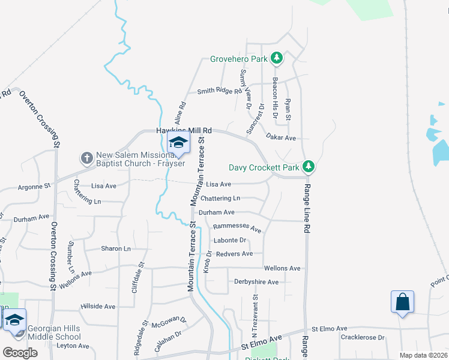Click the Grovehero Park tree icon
pyautogui.click(x=276, y=58)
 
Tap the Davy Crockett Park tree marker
pyautogui.click(x=309, y=166)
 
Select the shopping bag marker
pyautogui.click(x=402, y=301)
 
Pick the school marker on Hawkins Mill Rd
pyautogui.click(x=178, y=143)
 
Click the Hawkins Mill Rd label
pyautogui.click(x=184, y=130)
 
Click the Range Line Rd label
pyautogui.click(x=306, y=209)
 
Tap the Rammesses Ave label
pyautogui.click(x=238, y=228)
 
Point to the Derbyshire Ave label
pyautogui.click(x=256, y=282)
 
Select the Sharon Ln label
pyautogui.click(x=116, y=248)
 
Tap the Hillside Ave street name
pyautogui.click(x=98, y=306)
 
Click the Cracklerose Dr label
pyautogui.click(x=363, y=337)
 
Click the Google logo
pyautogui.click(x=20, y=352)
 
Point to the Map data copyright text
pyautogui.click(x=423, y=355)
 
